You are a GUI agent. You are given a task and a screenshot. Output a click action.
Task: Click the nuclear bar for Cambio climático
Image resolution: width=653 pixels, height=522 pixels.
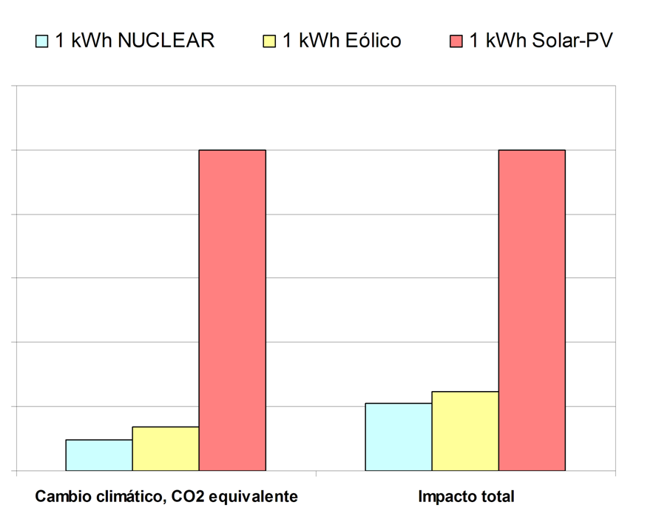click(x=99, y=455)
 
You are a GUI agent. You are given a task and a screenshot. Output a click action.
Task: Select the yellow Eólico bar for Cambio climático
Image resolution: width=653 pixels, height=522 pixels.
click(x=166, y=449)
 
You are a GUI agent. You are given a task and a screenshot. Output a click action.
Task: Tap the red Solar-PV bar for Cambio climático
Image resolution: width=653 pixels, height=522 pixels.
click(x=232, y=311)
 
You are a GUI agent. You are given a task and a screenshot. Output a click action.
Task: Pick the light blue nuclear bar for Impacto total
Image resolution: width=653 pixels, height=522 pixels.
click(x=399, y=437)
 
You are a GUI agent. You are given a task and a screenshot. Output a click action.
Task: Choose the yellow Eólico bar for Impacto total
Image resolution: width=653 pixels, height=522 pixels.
click(x=465, y=431)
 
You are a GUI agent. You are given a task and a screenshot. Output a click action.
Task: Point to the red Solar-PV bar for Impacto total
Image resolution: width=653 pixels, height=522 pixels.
click(x=532, y=311)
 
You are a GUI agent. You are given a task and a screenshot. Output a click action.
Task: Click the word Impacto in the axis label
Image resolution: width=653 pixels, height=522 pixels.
click(x=444, y=497)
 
